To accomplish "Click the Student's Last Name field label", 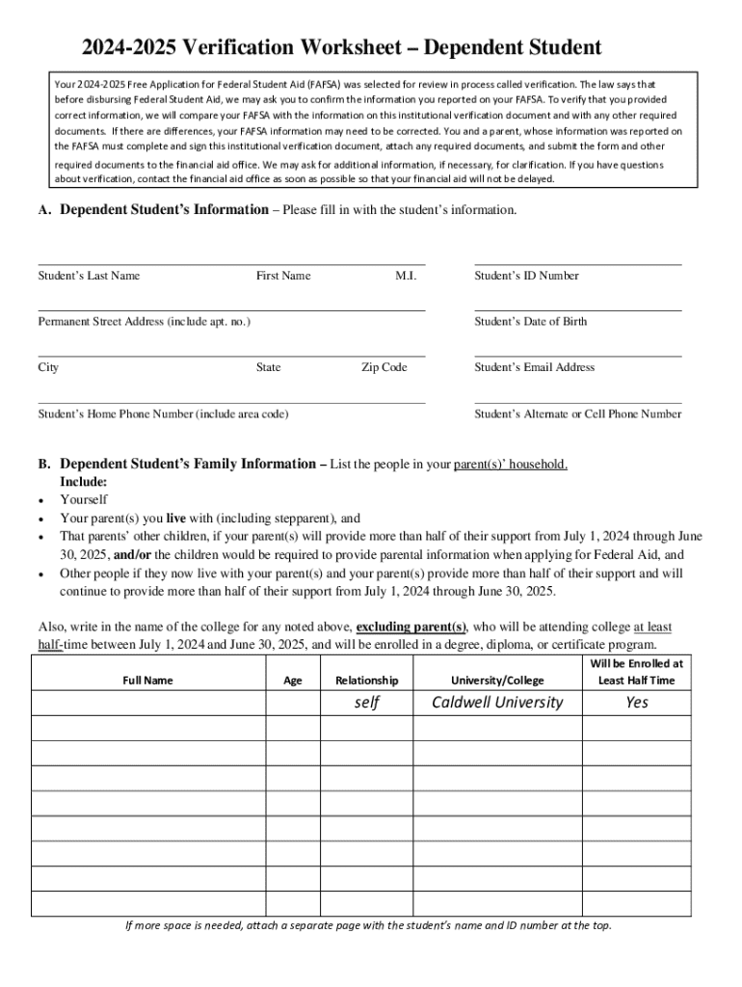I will click(89, 276).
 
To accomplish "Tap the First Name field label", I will click(283, 276).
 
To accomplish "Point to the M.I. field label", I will click(406, 276).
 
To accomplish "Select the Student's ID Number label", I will click(526, 276).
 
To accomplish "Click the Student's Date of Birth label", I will click(530, 321).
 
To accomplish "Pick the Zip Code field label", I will click(384, 367).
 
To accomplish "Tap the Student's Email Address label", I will click(534, 367).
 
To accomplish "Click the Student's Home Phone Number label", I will click(163, 414).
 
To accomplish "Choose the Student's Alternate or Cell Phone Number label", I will click(577, 414).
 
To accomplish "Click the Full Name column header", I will click(148, 680).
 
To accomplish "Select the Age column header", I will click(293, 680).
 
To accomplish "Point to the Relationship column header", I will click(366, 680).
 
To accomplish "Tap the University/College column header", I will click(497, 680).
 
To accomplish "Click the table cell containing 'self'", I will click(366, 703).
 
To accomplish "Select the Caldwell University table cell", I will click(497, 703).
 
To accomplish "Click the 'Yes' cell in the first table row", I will click(637, 703).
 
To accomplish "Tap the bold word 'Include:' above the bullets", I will click(84, 482).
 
